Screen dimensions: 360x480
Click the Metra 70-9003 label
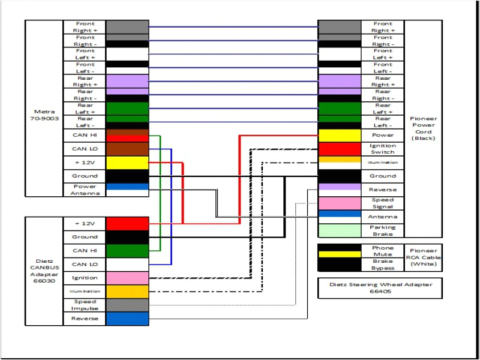click(44, 115)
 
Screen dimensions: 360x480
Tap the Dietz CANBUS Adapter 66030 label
click(44, 271)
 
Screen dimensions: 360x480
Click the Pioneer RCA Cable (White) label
click(423, 257)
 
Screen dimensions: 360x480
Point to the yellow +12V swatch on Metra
click(127, 163)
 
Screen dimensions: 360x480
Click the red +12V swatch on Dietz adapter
click(127, 224)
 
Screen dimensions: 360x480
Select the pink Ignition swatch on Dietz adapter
click(127, 278)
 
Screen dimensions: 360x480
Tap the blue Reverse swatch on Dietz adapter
click(127, 319)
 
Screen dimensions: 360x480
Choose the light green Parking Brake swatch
click(339, 230)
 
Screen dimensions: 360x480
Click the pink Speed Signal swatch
click(339, 203)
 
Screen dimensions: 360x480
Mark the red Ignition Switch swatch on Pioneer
click(339, 149)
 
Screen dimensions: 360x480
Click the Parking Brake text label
click(382, 230)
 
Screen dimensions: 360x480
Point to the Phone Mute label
click(382, 251)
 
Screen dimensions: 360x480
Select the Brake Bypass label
click(382, 264)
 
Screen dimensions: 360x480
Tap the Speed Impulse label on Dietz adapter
click(85, 305)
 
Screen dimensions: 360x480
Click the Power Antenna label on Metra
click(85, 190)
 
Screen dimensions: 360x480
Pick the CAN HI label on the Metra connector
click(85, 136)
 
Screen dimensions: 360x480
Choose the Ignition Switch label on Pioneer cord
click(382, 149)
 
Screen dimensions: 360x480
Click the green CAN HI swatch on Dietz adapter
click(127, 251)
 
